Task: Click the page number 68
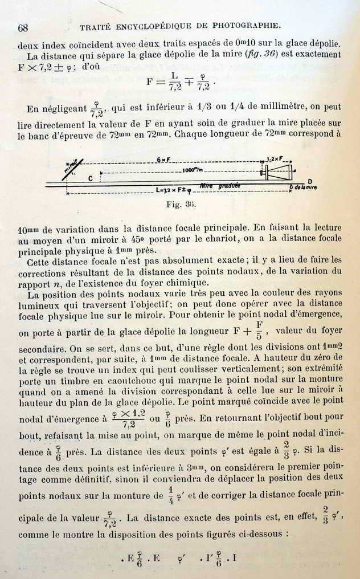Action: pyautogui.click(x=23, y=28)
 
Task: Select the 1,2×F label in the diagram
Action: pyautogui.click(x=278, y=160)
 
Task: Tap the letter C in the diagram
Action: pyautogui.click(x=91, y=178)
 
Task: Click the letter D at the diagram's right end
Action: pyautogui.click(x=310, y=181)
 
